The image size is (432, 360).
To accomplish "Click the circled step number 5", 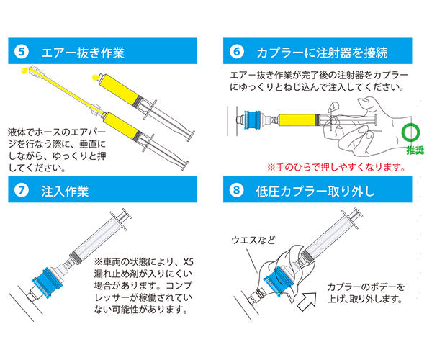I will tap(22, 52).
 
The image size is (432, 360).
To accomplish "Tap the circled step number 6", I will tap(238, 52).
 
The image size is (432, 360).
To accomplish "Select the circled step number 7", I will tap(22, 193).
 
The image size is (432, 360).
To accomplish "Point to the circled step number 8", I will tap(238, 193).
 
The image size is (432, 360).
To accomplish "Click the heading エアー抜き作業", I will tap(81, 52).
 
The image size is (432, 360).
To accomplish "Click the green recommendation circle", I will tap(411, 132).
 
